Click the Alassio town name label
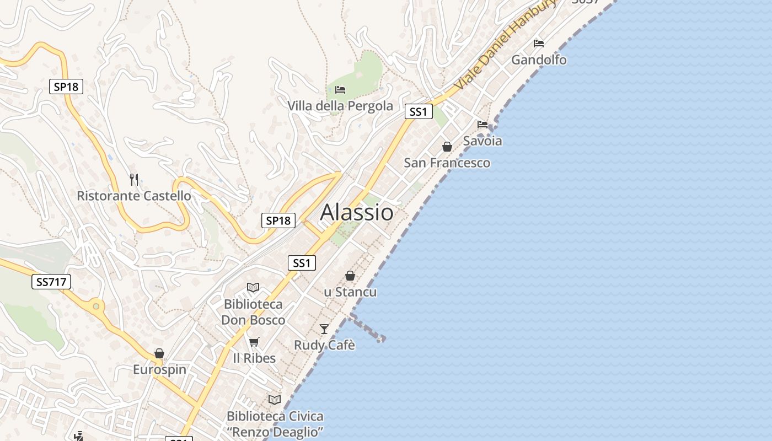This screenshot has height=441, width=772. [x=357, y=212]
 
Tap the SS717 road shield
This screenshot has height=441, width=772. [x=51, y=282]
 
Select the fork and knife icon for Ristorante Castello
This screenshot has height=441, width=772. [x=134, y=179]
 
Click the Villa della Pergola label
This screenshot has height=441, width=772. [x=340, y=106]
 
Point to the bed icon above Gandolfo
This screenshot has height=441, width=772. [x=539, y=43]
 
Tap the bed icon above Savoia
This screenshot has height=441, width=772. [x=482, y=124]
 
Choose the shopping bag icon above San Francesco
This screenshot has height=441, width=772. [x=447, y=147]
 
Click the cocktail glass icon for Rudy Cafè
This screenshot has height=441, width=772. [x=324, y=329]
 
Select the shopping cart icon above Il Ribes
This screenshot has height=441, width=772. [x=254, y=342]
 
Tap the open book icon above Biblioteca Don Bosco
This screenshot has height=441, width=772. [x=253, y=287]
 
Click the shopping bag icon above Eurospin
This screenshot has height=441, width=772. [x=159, y=353]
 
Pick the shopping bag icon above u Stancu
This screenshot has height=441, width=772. [x=350, y=276]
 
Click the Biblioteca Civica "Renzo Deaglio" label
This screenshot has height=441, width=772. [x=275, y=423]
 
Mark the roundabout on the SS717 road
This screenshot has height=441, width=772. [x=96, y=306]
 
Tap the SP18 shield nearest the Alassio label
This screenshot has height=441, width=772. [x=278, y=221]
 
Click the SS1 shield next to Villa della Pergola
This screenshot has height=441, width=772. [x=418, y=112]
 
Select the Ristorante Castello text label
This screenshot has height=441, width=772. [x=134, y=196]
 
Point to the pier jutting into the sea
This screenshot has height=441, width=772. [x=367, y=329]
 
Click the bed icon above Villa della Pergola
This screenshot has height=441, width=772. [x=340, y=89]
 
